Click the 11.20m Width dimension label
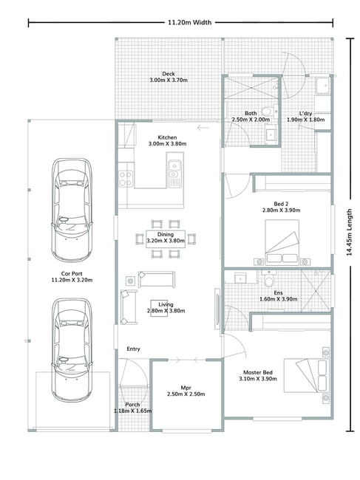coord(190,22)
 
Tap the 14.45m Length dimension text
coord(349,233)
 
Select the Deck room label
coord(169,74)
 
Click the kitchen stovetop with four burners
coord(126,179)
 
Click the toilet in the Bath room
coord(267,111)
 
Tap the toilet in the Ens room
coord(269,278)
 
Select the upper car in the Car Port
coord(72,210)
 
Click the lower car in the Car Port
coord(72,350)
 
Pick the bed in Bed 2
coord(282,241)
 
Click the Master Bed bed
coord(306,375)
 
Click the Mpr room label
coord(186,388)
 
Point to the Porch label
coord(132,405)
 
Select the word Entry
coord(133,349)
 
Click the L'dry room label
coord(305,114)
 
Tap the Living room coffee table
coord(159,308)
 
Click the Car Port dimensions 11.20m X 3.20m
coord(72,280)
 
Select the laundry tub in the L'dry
coord(323,86)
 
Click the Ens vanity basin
coord(241,278)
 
